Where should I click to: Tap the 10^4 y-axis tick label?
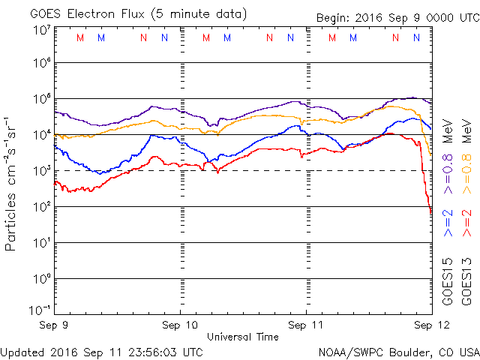point(40,135)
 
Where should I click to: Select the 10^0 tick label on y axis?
point(40,279)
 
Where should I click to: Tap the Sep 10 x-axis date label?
point(180,325)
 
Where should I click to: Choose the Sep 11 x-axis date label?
point(306,325)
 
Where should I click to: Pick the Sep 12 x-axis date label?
point(431,325)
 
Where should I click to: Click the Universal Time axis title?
point(243,337)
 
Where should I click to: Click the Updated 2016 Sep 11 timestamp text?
point(101,351)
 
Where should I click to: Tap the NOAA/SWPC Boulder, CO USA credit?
point(398,351)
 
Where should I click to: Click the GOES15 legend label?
point(448,282)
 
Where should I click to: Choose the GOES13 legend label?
point(466,282)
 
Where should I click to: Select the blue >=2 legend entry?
point(448,223)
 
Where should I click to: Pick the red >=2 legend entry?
point(466,223)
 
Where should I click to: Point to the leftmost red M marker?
point(80,37)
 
